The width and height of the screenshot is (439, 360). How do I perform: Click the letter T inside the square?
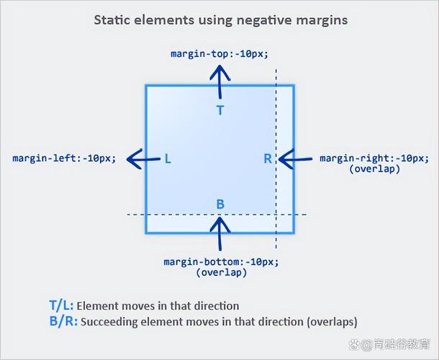pyautogui.click(x=220, y=110)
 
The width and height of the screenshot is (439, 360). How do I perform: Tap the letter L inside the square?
pyautogui.click(x=168, y=159)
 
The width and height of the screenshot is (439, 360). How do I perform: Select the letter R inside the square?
pyautogui.click(x=268, y=159)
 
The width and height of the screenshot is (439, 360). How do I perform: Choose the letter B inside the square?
pyautogui.click(x=220, y=204)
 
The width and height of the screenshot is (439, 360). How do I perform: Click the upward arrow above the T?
pyautogui.click(x=220, y=82)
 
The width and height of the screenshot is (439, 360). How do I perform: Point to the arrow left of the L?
pyautogui.click(x=143, y=159)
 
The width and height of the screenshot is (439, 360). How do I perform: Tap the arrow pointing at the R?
pyautogui.click(x=295, y=159)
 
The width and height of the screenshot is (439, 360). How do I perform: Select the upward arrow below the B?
pyautogui.click(x=220, y=234)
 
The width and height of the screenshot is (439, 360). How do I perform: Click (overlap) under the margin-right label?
pyautogui.click(x=375, y=169)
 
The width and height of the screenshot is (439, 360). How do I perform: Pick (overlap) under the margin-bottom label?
pyautogui.click(x=221, y=272)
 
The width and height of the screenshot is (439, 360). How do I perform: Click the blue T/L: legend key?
pyautogui.click(x=61, y=306)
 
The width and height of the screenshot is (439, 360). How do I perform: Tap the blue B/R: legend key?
pyautogui.click(x=63, y=321)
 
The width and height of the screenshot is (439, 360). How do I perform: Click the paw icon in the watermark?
pyautogui.click(x=354, y=344)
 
